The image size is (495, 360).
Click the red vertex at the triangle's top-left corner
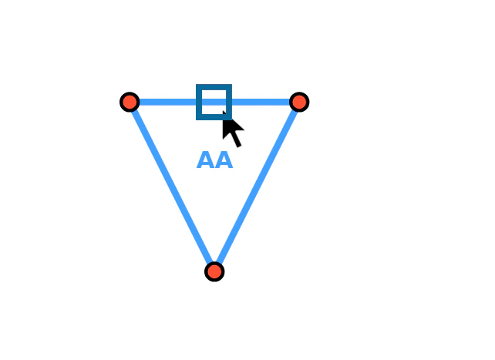click(130, 102)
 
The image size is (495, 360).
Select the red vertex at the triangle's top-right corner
click(299, 102)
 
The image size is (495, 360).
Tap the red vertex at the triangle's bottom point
click(214, 271)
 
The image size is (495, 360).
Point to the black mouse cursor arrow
click(232, 129)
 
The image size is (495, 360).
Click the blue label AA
click(214, 160)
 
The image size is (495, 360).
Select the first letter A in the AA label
click(206, 160)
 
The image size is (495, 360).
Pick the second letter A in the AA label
click(224, 160)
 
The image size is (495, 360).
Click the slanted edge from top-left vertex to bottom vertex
click(172, 187)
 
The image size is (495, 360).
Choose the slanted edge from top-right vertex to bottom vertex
click(257, 187)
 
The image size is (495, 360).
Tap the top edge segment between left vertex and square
click(167, 102)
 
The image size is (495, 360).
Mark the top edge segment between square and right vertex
click(261, 102)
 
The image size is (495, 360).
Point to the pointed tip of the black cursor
click(223, 111)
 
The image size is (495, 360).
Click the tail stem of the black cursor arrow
click(236, 140)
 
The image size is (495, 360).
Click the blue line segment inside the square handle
click(214, 102)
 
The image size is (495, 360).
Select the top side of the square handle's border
click(214, 87)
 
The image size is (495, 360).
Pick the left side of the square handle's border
click(199, 102)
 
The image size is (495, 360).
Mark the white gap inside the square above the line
click(214, 94)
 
